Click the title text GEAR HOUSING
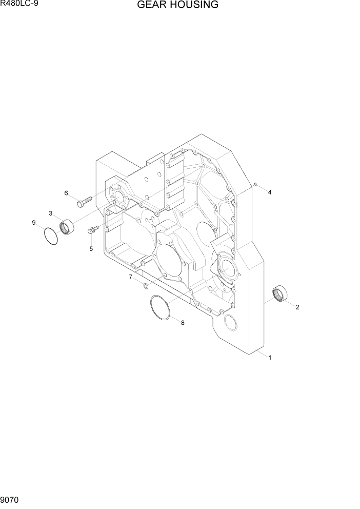point(177,5)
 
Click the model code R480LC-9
point(19,4)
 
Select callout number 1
point(270,358)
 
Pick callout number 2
point(297,307)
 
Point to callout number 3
point(51,213)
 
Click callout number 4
point(270,192)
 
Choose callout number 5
point(91,249)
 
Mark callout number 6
point(66,193)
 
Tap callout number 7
point(130,277)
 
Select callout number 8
point(182,323)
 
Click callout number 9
point(34,223)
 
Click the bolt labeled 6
point(84,202)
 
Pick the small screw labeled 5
point(93,230)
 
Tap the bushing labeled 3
point(67,226)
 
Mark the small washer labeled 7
point(146,285)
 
